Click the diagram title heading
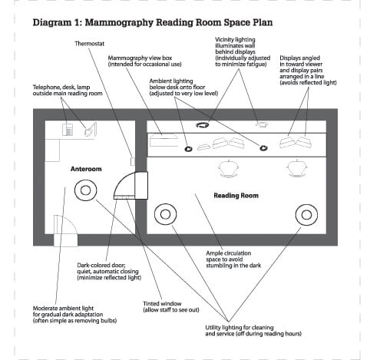(x=153, y=22)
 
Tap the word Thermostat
(x=90, y=44)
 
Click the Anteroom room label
(x=86, y=169)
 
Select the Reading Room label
(x=236, y=196)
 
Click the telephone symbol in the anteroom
(x=68, y=130)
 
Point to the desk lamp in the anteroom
(x=91, y=130)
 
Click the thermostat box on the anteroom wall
(x=133, y=161)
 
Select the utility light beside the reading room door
(x=166, y=204)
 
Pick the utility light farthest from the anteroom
(x=306, y=205)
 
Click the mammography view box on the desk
(x=164, y=140)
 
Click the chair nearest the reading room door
(x=229, y=169)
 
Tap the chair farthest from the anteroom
(x=297, y=168)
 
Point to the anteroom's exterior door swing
(x=72, y=222)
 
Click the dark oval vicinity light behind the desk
(x=203, y=125)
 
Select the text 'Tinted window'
(x=162, y=304)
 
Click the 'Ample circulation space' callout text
(x=233, y=259)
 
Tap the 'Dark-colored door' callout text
(x=109, y=272)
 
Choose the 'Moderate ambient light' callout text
(x=74, y=315)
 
